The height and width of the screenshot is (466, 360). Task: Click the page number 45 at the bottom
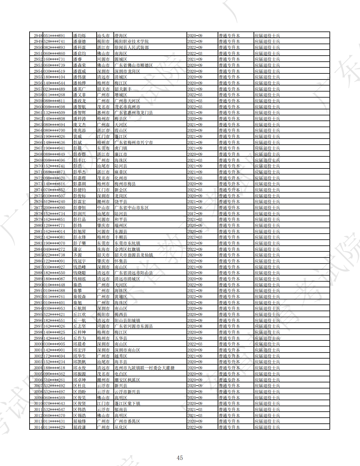click(x=180, y=458)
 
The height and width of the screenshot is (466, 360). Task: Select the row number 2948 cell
click(x=38, y=36)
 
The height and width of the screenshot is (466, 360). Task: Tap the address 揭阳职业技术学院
click(x=132, y=42)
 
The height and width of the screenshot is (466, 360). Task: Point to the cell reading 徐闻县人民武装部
click(x=132, y=47)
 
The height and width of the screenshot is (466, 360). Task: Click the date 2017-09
click(x=195, y=214)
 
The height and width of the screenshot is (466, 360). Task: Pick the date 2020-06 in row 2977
click(x=195, y=208)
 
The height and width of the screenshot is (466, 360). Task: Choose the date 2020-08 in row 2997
click(x=195, y=326)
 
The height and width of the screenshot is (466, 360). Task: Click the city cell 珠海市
click(x=103, y=249)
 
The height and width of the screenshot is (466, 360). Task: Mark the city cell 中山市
click(x=103, y=208)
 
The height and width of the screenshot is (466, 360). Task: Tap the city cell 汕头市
click(x=103, y=36)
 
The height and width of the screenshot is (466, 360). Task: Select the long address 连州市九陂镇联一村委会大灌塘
click(x=145, y=368)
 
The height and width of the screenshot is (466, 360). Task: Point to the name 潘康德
click(x=79, y=42)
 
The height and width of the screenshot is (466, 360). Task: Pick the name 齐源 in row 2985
click(x=78, y=255)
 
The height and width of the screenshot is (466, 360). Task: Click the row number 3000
click(x=38, y=344)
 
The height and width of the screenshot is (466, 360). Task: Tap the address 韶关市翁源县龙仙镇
click(x=134, y=255)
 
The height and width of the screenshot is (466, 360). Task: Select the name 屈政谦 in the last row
click(x=79, y=427)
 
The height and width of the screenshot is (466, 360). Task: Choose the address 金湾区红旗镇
click(x=127, y=249)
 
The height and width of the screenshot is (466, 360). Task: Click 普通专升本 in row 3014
click(x=229, y=427)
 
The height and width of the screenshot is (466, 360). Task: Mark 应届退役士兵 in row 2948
click(x=267, y=36)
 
